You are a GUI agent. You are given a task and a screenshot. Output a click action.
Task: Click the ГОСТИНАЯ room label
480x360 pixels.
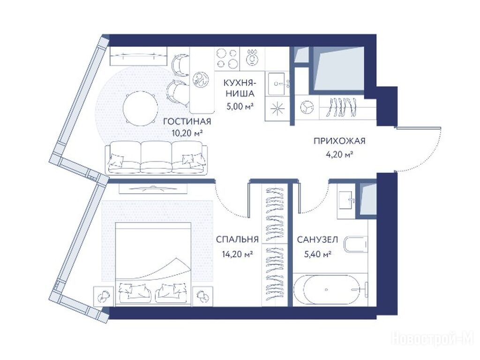coord(187,121)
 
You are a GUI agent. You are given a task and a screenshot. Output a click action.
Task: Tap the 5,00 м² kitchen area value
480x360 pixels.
coord(240,106)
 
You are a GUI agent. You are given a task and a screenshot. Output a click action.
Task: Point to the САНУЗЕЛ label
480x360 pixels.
coord(317,239)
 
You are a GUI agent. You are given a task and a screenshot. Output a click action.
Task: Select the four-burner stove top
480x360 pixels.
coord(227,58)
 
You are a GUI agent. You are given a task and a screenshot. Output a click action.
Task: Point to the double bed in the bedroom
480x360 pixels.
coord(153,263)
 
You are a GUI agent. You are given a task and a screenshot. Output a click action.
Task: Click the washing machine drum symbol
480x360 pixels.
coord(307,107)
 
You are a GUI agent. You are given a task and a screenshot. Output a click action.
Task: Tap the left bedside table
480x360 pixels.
coord(104,296)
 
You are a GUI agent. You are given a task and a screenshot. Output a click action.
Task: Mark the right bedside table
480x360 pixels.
coord(202,296)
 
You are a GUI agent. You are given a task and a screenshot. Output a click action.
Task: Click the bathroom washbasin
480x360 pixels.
coord(346,201)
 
